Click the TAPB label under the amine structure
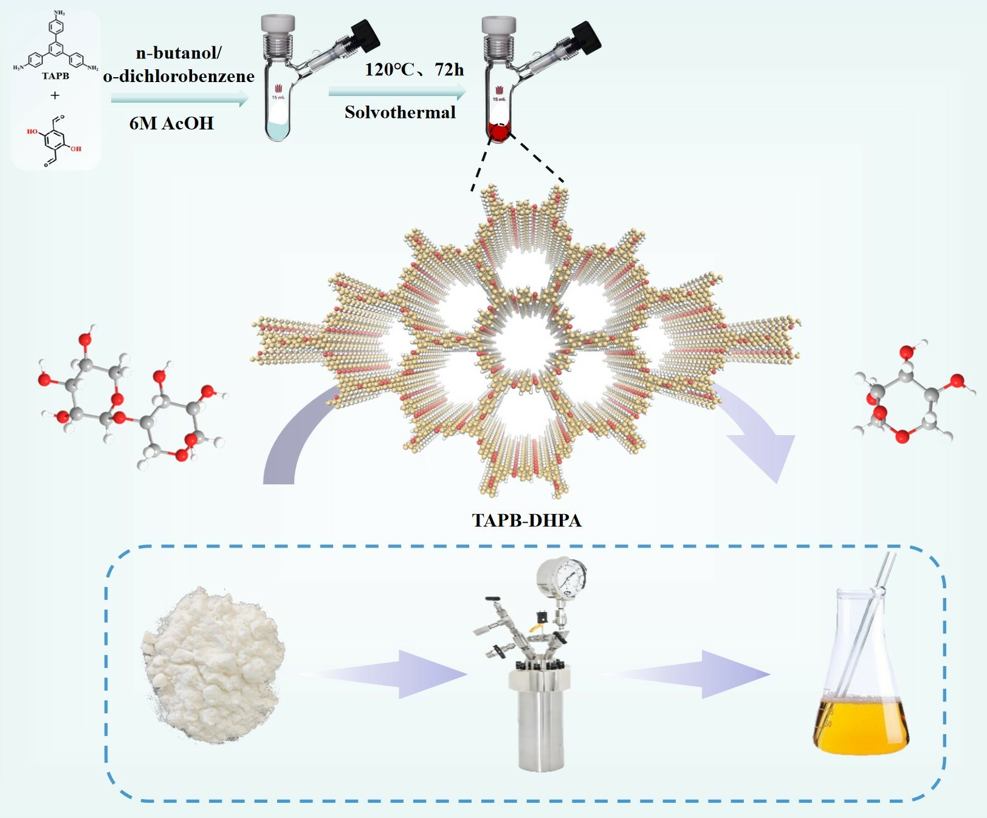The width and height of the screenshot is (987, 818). [55, 76]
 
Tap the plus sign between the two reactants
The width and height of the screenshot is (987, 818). [55, 95]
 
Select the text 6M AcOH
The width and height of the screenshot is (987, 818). [171, 123]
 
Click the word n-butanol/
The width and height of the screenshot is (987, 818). [179, 53]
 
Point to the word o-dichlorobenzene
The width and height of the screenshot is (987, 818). [179, 76]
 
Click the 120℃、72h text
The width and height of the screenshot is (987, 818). [414, 70]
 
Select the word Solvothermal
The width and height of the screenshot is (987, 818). [400, 112]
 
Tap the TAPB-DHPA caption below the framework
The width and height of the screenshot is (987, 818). [526, 520]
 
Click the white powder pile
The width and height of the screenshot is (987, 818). [213, 662]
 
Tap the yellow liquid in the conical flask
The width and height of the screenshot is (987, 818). [861, 726]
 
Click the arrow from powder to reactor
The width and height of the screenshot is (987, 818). [389, 674]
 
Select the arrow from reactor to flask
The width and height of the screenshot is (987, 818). [693, 674]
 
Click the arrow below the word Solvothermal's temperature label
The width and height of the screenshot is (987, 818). [397, 92]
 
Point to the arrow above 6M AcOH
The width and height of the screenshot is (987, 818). [180, 98]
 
